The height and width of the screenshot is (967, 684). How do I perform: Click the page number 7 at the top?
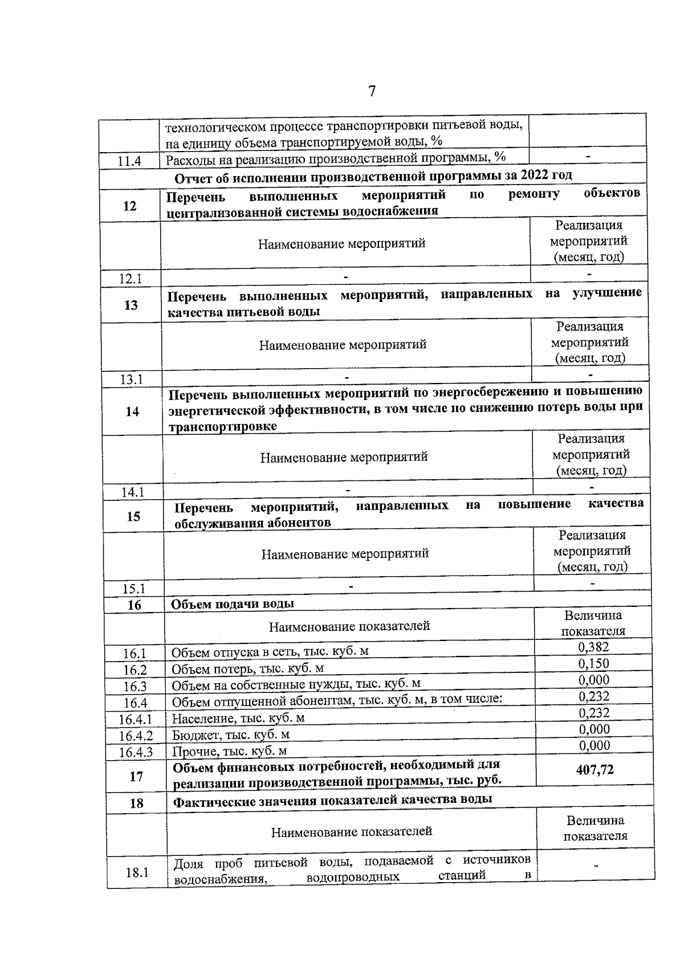[372, 91]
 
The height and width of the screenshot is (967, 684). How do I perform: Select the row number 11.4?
[129, 161]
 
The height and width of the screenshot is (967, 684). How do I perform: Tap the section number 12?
[130, 206]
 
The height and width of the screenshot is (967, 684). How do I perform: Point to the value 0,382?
[593, 647]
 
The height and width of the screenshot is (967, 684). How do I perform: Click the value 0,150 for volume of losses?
[593, 663]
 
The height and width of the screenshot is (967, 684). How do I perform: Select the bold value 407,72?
[595, 770]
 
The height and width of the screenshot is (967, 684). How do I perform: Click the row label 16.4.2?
[136, 736]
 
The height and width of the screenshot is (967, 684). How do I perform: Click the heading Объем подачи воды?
[233, 604]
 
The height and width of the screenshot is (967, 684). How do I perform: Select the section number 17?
[136, 776]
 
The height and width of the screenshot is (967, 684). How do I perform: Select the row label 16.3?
[135, 687]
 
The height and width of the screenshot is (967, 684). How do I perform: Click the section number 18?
[136, 803]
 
